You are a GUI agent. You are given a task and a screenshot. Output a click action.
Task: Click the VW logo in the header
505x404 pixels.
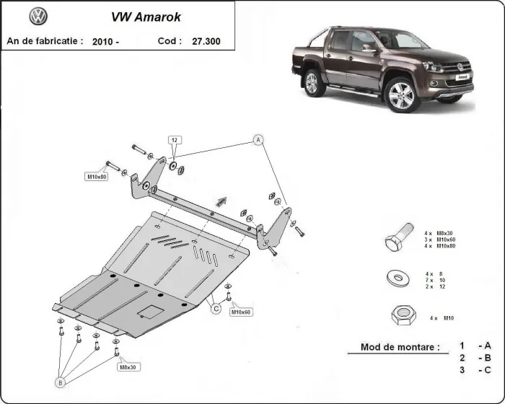click(38, 17)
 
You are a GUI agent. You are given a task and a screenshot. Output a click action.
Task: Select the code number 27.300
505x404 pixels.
click(206, 42)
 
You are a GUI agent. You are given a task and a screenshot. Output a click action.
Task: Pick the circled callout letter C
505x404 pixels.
click(215, 309)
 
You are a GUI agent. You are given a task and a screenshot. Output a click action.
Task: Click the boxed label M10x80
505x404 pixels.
click(97, 177)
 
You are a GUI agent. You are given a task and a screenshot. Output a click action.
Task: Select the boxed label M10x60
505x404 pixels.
click(240, 312)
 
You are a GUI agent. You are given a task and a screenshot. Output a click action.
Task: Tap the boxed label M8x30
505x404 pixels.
click(127, 367)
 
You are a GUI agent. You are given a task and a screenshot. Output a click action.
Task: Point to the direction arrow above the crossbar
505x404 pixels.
click(220, 202)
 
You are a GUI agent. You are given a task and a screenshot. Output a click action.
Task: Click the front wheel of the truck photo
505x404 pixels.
click(401, 95)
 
